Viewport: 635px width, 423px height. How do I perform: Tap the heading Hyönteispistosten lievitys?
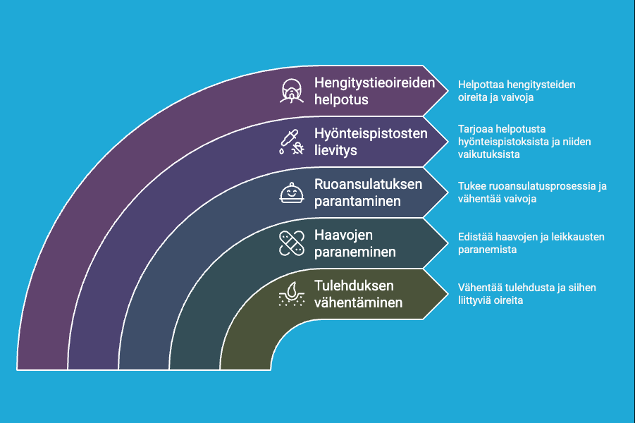[370, 142]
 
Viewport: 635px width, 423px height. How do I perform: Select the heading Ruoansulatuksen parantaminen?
[368, 192]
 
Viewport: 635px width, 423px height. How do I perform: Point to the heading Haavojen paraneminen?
[355, 243]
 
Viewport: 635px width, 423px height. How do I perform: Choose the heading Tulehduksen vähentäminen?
[359, 294]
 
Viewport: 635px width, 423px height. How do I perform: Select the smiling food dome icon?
[292, 192]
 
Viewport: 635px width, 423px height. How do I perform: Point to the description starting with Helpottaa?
[517, 91]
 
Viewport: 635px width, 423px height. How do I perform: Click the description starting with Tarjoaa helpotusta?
[524, 142]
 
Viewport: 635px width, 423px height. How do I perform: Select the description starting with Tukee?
[532, 192]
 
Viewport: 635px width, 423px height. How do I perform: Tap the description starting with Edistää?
[531, 243]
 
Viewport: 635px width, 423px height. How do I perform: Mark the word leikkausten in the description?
[581, 237]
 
